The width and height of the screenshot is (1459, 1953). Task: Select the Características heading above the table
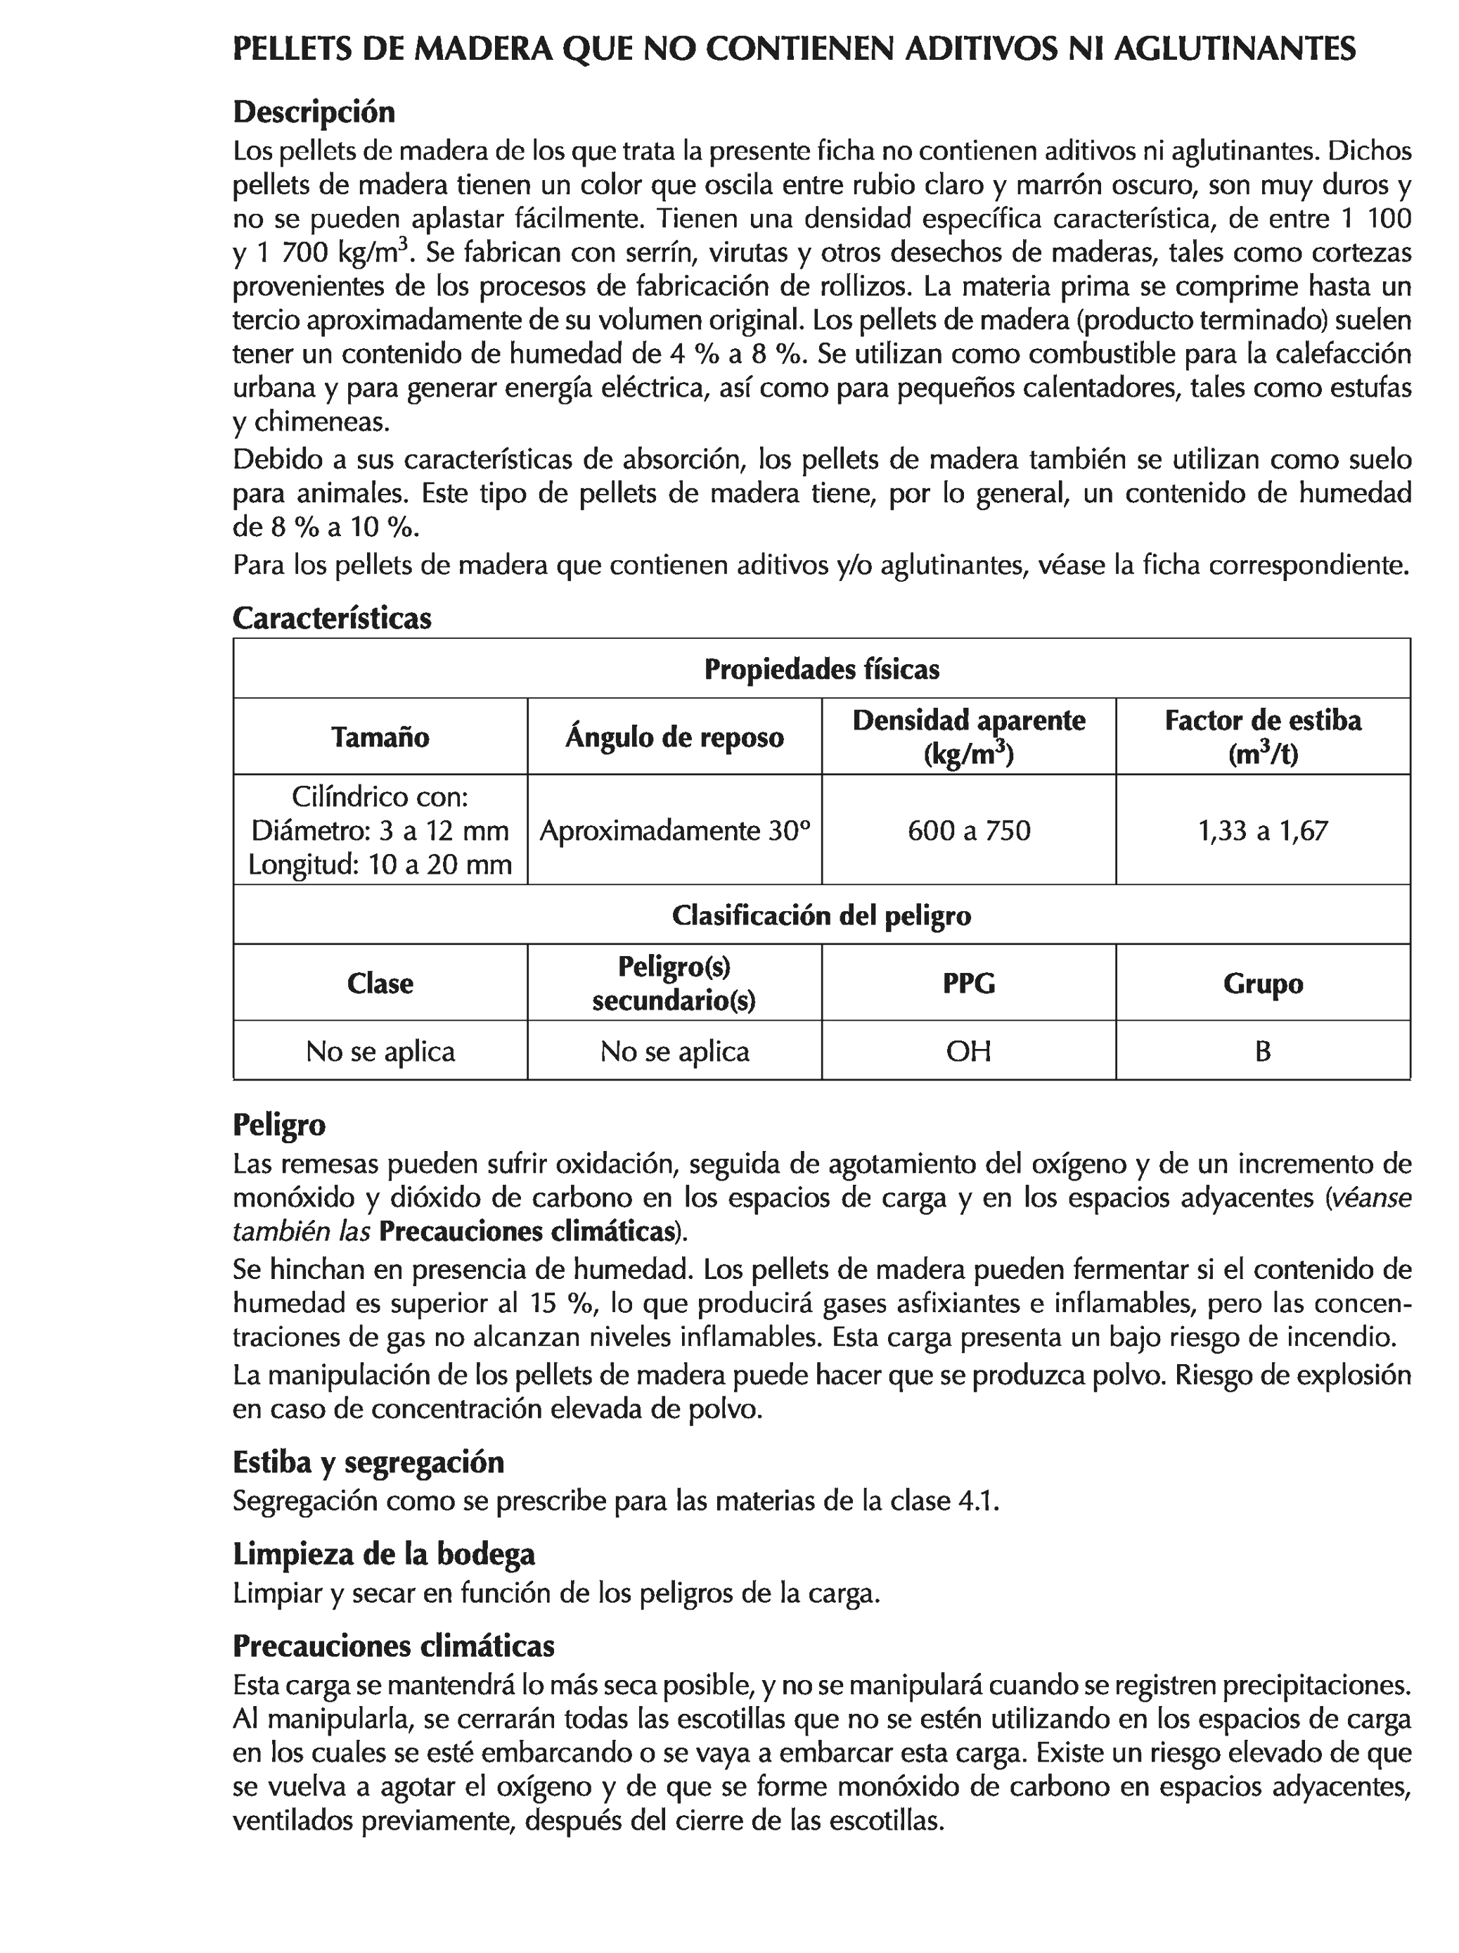tap(332, 617)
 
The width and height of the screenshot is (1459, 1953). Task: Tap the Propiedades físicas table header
tap(821, 669)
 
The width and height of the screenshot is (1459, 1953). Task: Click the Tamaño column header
tap(380, 737)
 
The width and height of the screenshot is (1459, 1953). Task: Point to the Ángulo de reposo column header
tap(674, 737)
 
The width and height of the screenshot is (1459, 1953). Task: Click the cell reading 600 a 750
tap(968, 831)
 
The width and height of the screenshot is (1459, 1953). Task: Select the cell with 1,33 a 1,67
tap(1262, 831)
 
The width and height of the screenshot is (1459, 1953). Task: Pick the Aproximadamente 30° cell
tap(674, 831)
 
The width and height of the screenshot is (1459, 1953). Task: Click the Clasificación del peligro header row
tap(821, 915)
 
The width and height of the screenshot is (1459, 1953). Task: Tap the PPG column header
tap(968, 983)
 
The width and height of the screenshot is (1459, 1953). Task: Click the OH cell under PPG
tap(968, 1050)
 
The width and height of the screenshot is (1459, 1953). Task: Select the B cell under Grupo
tap(1262, 1050)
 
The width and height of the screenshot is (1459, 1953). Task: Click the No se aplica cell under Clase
tap(380, 1050)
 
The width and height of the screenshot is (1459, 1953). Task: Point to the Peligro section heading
tap(279, 1125)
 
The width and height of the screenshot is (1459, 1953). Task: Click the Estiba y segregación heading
tap(368, 1462)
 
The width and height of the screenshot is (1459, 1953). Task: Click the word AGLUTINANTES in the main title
tap(1234, 49)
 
